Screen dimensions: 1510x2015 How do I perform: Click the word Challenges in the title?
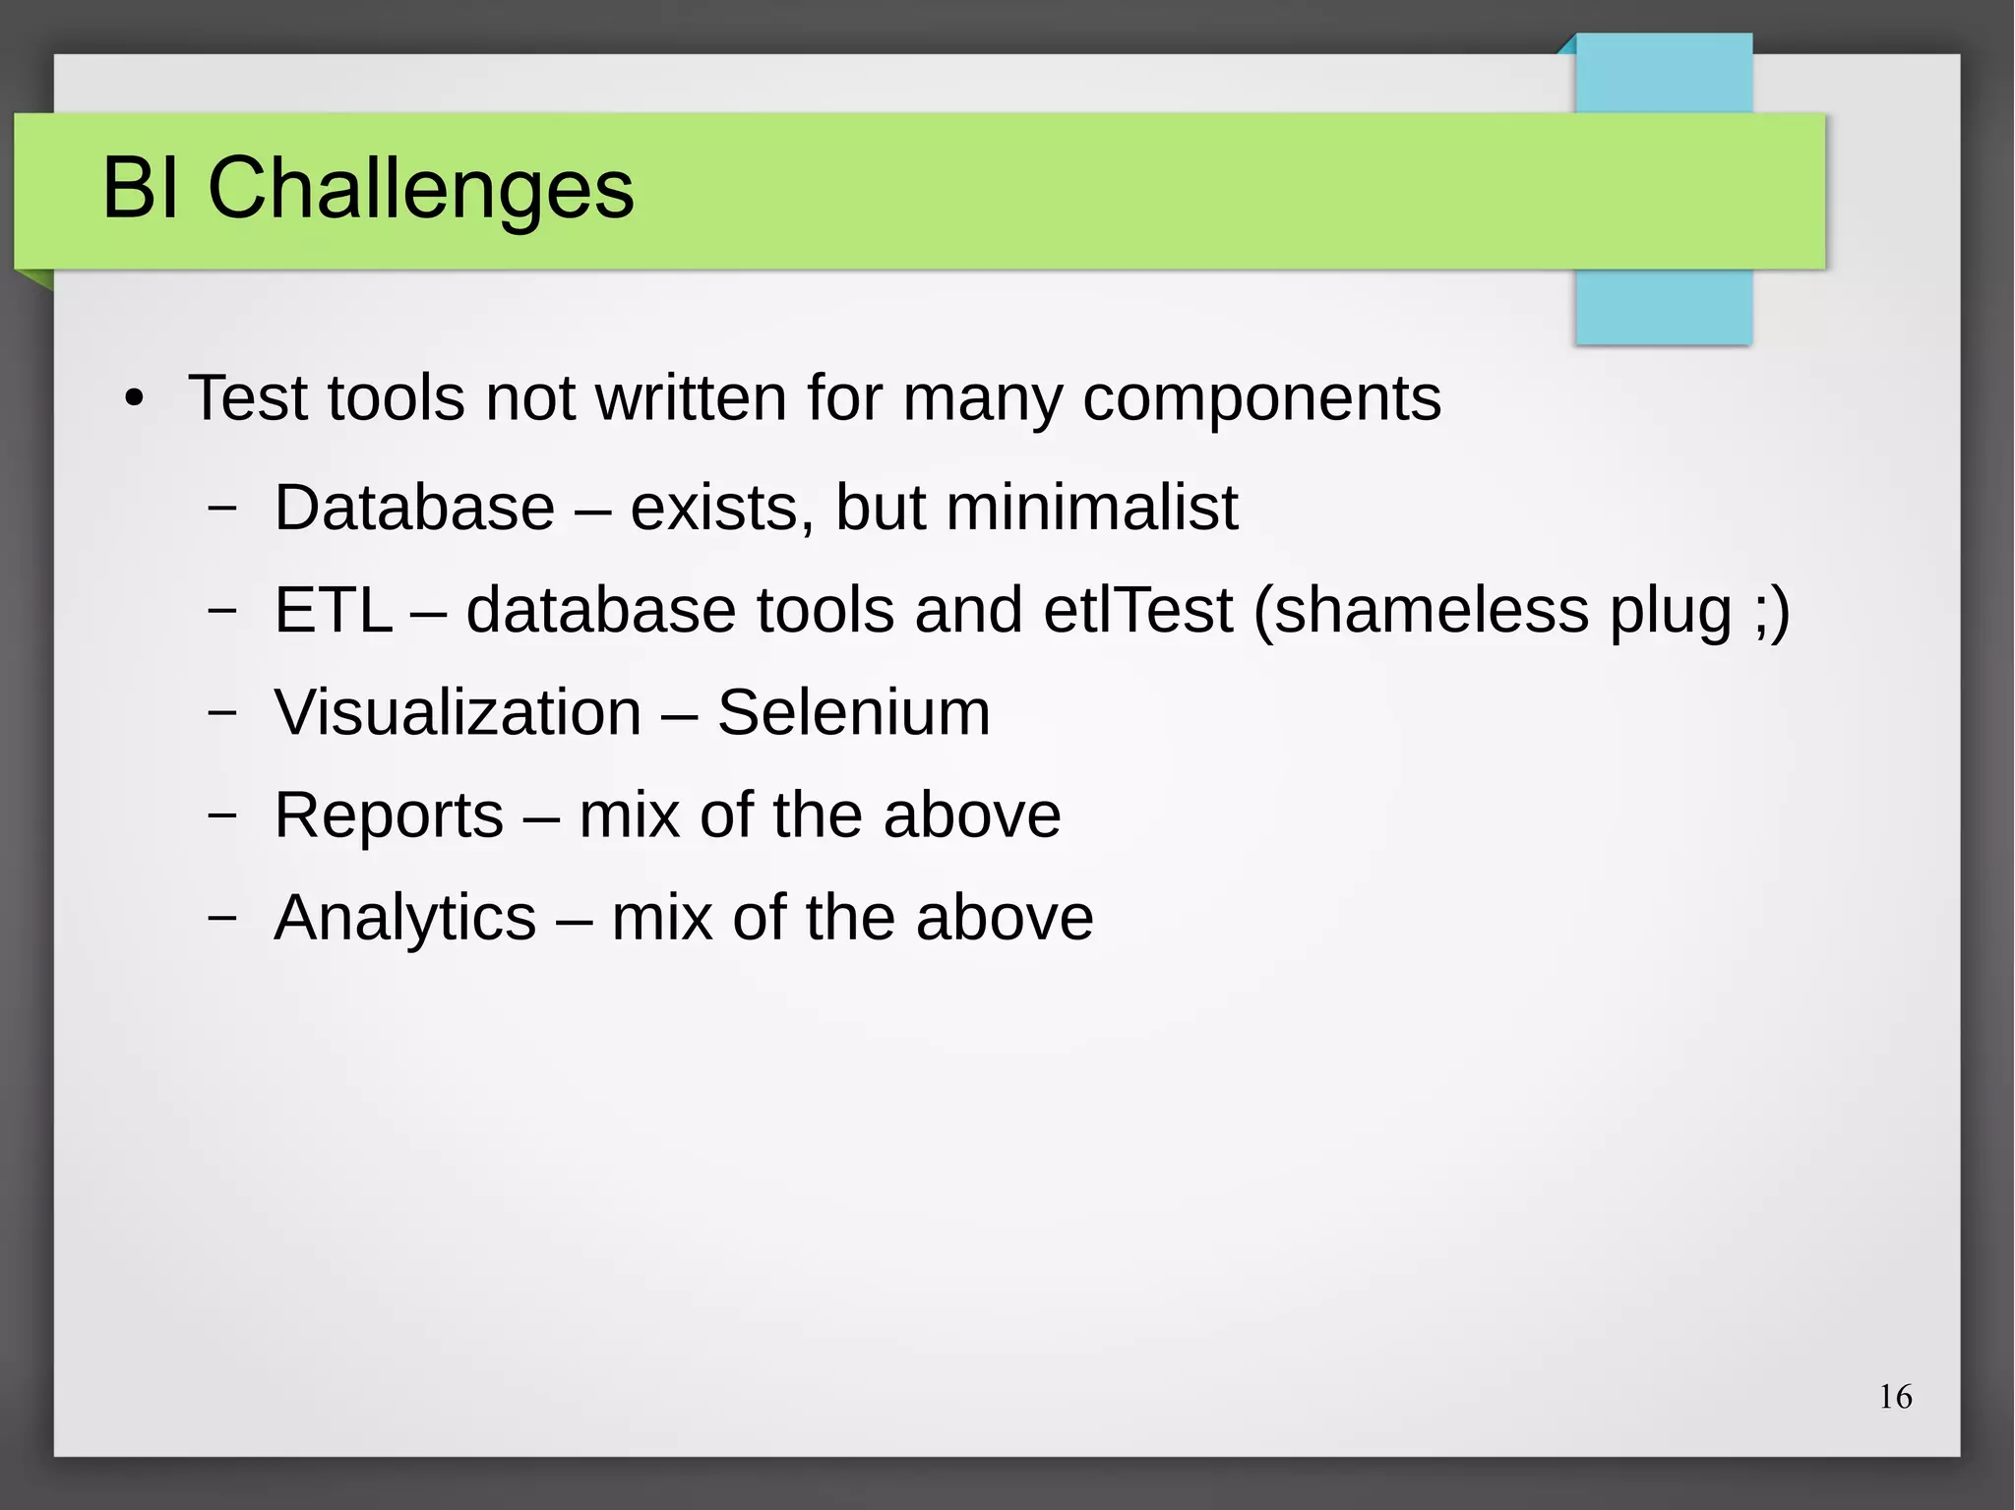420,190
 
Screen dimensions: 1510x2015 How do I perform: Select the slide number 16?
1895,1397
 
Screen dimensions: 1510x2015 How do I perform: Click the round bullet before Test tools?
135,400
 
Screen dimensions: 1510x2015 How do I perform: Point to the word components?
1261,400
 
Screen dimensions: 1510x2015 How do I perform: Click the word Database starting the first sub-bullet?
414,508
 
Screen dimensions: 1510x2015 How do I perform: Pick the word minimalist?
1091,508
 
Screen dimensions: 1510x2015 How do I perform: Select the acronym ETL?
333,610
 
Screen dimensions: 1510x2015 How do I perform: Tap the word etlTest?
1137,610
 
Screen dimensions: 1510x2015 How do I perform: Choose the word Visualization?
458,712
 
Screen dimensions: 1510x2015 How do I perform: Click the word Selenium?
853,712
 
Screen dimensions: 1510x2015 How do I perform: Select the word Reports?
389,815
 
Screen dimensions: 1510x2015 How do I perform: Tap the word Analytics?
404,918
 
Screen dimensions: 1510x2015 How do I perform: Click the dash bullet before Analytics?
223,917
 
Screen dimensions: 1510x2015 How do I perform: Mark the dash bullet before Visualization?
223,711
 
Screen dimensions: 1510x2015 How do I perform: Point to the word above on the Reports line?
971,815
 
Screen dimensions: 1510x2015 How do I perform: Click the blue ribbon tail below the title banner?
1663,306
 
